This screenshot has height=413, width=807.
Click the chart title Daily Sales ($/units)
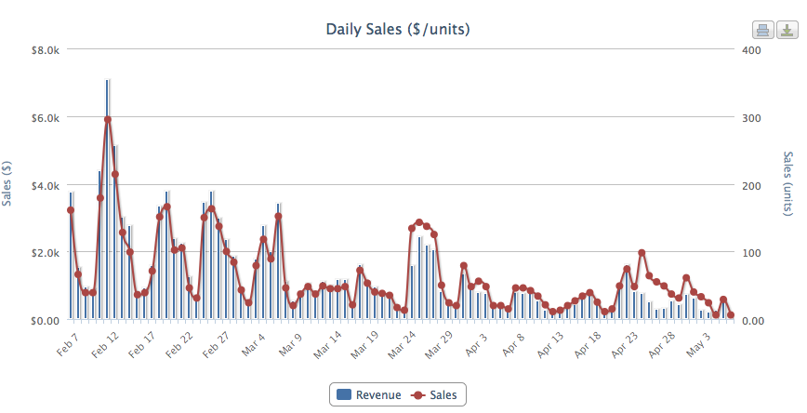pyautogui.click(x=397, y=29)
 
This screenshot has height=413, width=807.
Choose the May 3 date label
pyautogui.click(x=696, y=343)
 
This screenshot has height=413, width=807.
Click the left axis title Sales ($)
pyautogui.click(x=8, y=182)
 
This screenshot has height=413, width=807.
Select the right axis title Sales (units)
pyautogui.click(x=789, y=185)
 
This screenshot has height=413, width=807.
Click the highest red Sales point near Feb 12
pyautogui.click(x=108, y=119)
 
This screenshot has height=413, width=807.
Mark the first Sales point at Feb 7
pyautogui.click(x=71, y=210)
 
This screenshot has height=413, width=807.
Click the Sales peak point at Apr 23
pyautogui.click(x=642, y=253)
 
